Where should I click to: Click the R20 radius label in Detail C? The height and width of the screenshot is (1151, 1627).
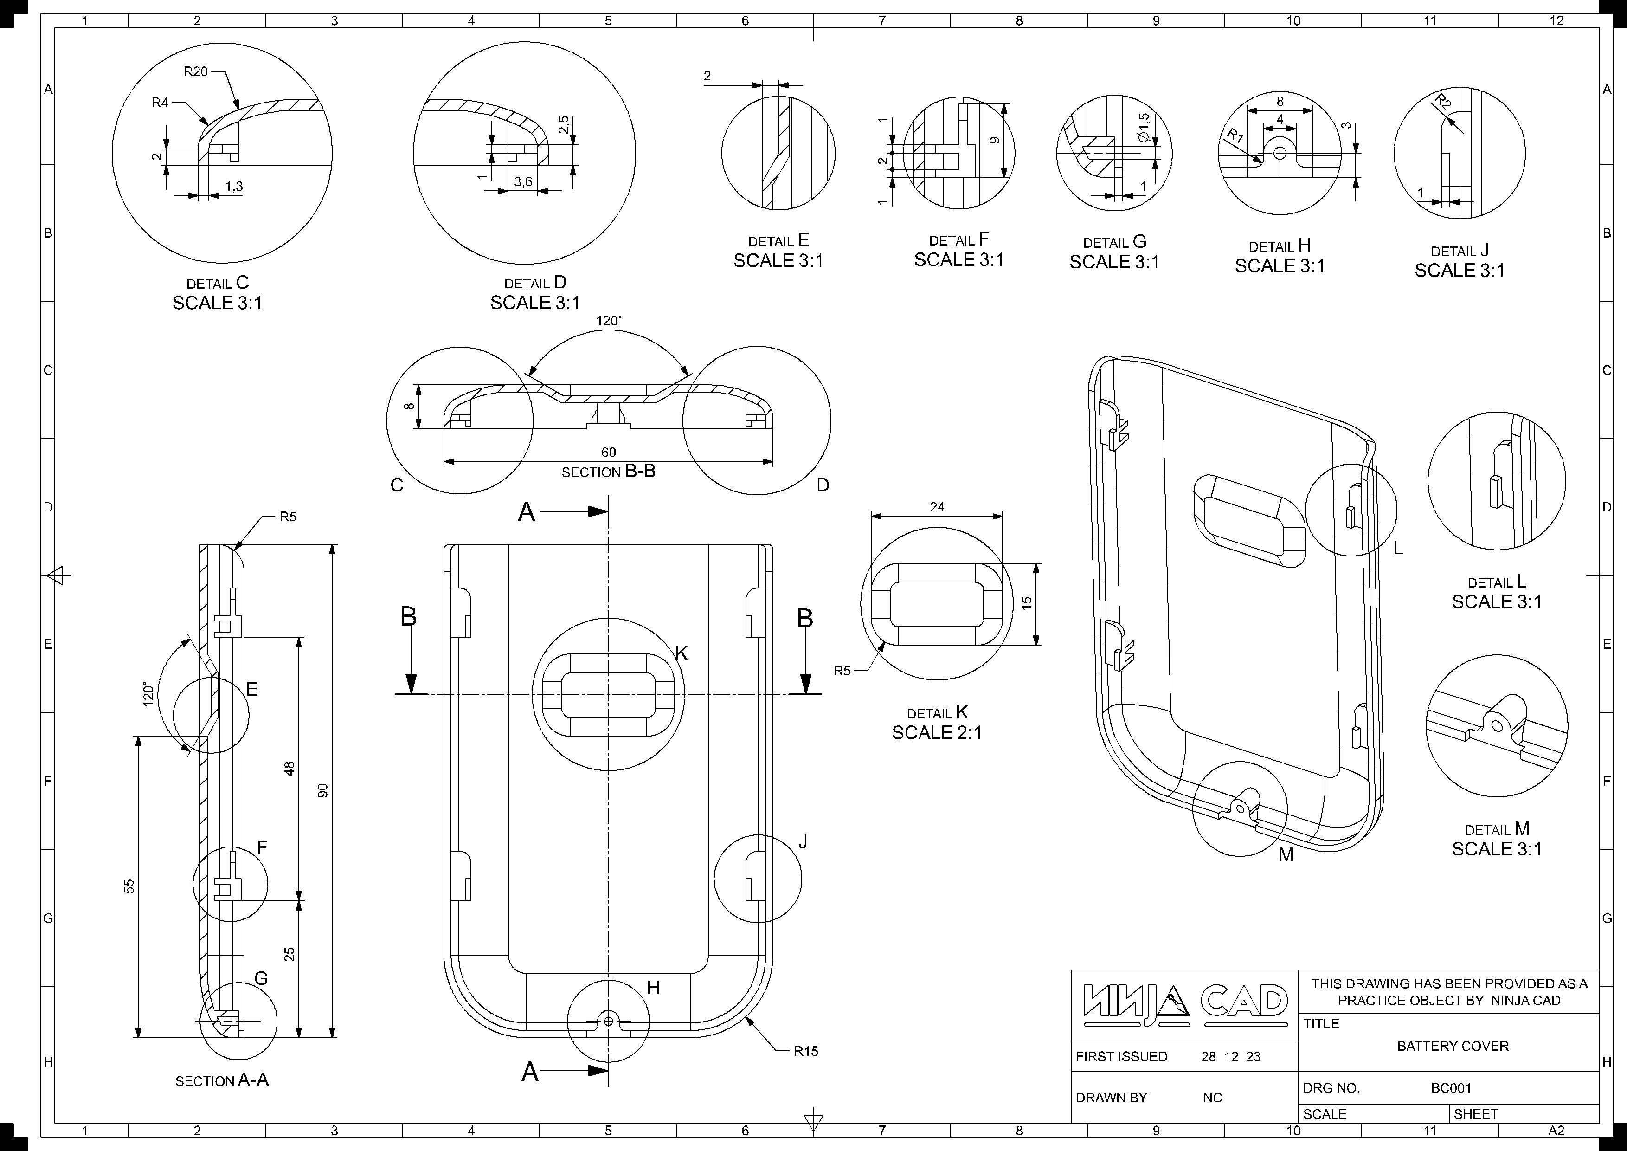196,71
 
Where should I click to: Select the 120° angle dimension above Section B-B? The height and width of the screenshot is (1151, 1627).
609,321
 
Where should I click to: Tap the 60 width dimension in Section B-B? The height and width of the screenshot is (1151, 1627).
609,452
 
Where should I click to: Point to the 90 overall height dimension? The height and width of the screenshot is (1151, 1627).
323,791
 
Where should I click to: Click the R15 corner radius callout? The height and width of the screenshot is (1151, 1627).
806,1051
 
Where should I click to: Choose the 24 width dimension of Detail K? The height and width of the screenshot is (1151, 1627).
937,507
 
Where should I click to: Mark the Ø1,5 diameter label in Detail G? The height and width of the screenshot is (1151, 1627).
1144,128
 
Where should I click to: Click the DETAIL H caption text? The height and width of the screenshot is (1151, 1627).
1280,246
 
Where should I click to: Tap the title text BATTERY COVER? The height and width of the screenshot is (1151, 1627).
1453,1046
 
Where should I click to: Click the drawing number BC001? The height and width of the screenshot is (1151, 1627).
1451,1088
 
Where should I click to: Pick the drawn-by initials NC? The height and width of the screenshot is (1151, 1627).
1212,1098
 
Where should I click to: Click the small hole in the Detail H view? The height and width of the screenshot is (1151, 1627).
1280,153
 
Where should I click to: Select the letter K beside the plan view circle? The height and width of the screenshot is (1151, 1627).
682,653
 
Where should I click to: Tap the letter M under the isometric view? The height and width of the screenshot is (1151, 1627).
1286,855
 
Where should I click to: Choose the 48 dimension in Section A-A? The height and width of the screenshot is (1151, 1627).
289,768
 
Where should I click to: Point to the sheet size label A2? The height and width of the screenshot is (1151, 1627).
1556,1131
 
